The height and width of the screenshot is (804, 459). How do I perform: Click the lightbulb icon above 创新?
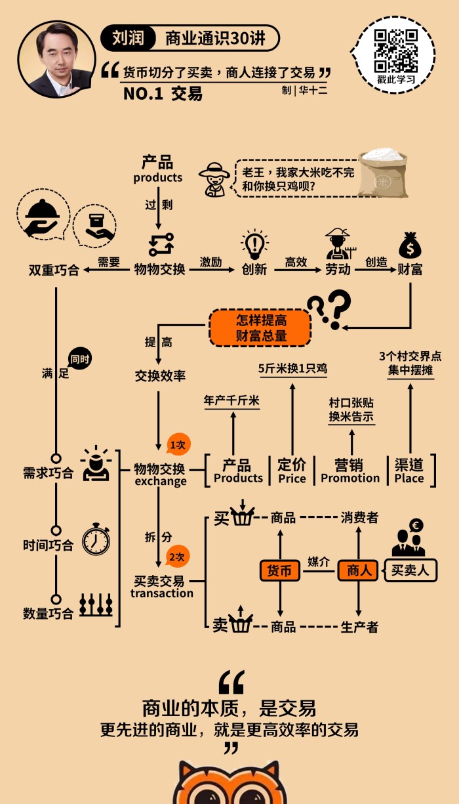point(254,244)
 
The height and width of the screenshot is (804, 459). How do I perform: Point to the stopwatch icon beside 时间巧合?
point(96,539)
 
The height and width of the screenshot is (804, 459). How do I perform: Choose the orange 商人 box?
point(358,570)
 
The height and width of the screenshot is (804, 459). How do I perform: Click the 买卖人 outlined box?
point(410,570)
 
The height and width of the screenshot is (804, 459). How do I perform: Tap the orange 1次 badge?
point(178,444)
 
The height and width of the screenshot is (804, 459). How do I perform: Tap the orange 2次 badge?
point(178,557)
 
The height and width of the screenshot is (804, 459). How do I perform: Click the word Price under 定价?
point(292,479)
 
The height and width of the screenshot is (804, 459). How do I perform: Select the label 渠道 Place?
point(409,471)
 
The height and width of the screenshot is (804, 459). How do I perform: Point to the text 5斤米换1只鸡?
point(292,369)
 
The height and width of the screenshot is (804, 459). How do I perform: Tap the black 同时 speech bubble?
point(79,359)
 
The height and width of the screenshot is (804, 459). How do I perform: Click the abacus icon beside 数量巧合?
point(96,605)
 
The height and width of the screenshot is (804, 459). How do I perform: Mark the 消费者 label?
point(359,518)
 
